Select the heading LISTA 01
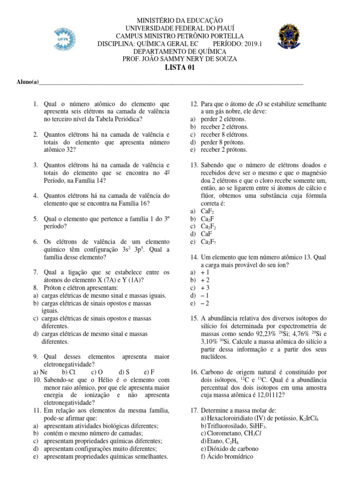[180, 67]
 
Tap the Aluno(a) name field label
[27, 82]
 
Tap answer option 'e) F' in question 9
[150, 372]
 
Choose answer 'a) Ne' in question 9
[41, 372]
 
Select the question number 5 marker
[36, 219]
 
